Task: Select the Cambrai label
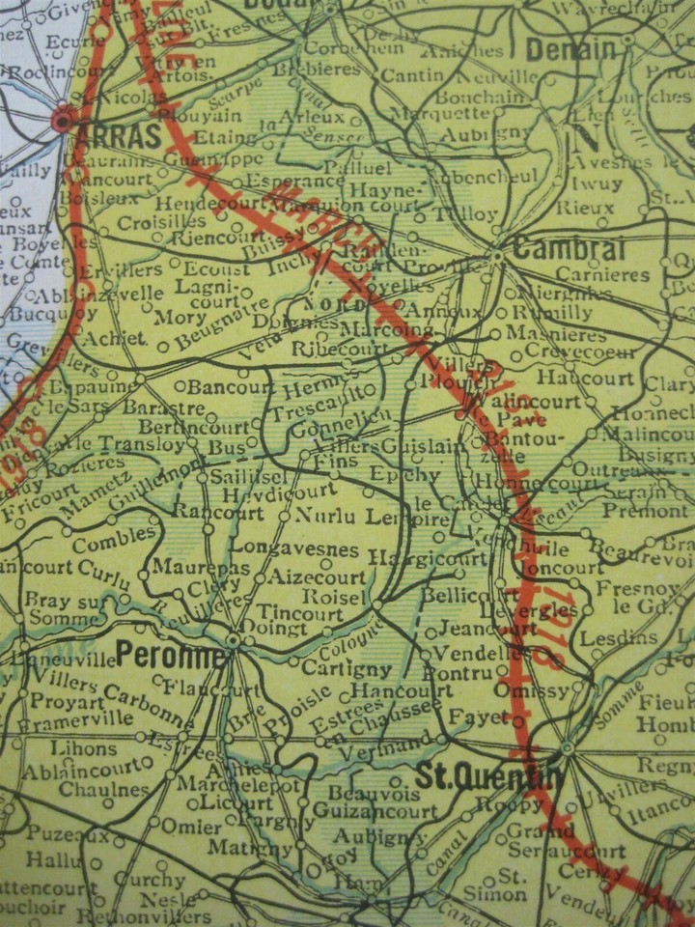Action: pos(570,248)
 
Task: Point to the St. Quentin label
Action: pos(488,775)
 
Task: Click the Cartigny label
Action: pos(347,668)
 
